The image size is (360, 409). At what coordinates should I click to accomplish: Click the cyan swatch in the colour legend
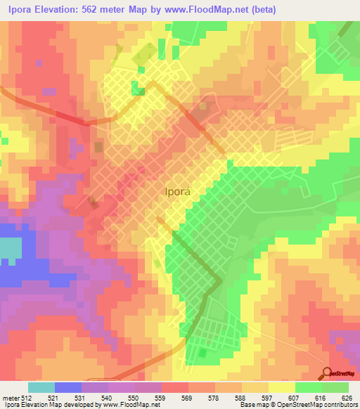pos(41,387)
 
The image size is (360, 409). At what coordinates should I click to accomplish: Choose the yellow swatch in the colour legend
pos(282,387)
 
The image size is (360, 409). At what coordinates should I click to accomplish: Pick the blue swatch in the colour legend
pos(68,387)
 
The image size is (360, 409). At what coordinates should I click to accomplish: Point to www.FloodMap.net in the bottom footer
pos(129,405)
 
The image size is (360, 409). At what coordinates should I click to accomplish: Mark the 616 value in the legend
pos(323,398)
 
